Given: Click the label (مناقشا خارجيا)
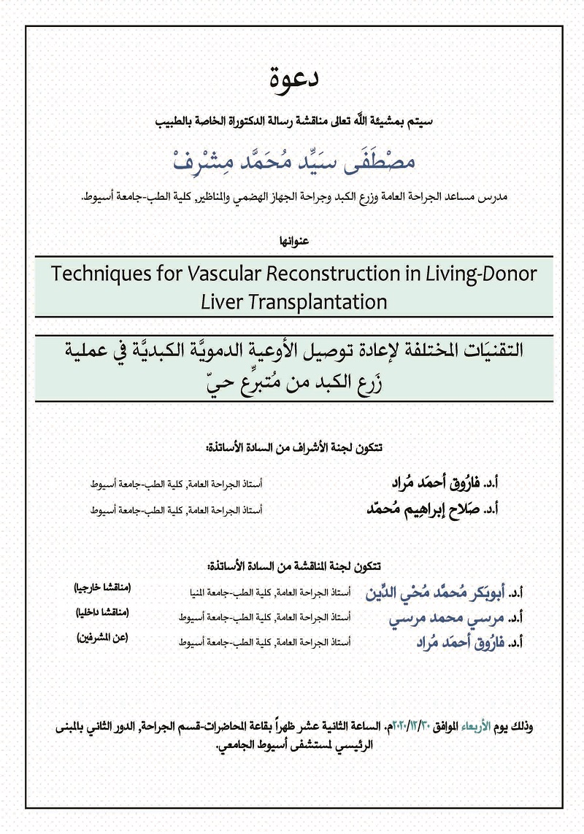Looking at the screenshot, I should click(x=101, y=588).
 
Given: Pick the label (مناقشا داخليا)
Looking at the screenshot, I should click(x=102, y=613).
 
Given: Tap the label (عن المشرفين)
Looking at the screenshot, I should click(x=102, y=638).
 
